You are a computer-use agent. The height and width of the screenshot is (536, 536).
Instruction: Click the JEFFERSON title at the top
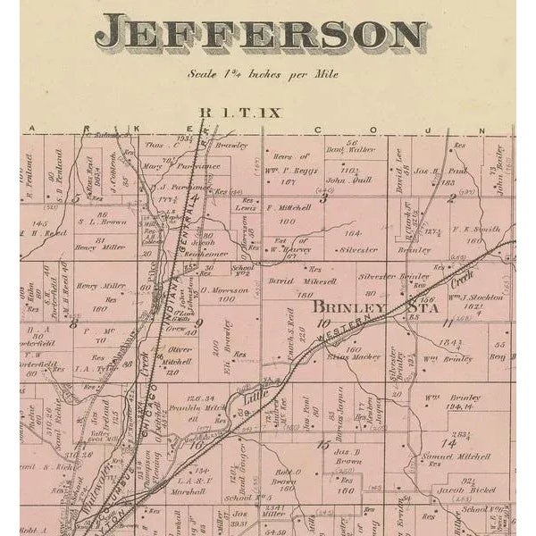pos(262,35)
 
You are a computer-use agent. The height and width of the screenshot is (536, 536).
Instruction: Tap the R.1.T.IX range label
pos(227,113)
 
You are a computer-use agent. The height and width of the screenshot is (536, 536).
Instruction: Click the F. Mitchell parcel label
pos(289,207)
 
